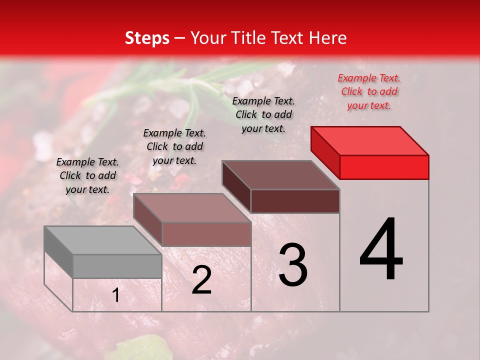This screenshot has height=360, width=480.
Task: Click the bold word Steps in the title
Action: tap(147, 38)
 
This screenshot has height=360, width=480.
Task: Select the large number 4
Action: tap(381, 250)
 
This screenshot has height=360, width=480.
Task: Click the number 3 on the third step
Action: tap(292, 265)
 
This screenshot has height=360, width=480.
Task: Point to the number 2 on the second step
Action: tap(201, 280)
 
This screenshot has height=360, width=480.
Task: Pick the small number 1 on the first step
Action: tap(116, 295)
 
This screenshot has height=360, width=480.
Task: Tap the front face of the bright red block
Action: tap(384, 167)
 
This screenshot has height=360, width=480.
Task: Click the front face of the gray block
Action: tap(117, 266)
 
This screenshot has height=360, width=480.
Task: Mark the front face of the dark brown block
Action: tap(295, 201)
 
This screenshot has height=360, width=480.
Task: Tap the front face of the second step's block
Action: tap(206, 234)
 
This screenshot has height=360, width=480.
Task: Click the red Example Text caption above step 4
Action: tap(369, 91)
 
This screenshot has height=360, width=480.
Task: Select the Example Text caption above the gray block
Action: tap(87, 175)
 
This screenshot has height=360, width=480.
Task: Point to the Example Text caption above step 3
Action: tap(263, 114)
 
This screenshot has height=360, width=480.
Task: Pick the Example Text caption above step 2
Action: tap(174, 146)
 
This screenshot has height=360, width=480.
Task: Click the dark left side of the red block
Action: tap(325, 152)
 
